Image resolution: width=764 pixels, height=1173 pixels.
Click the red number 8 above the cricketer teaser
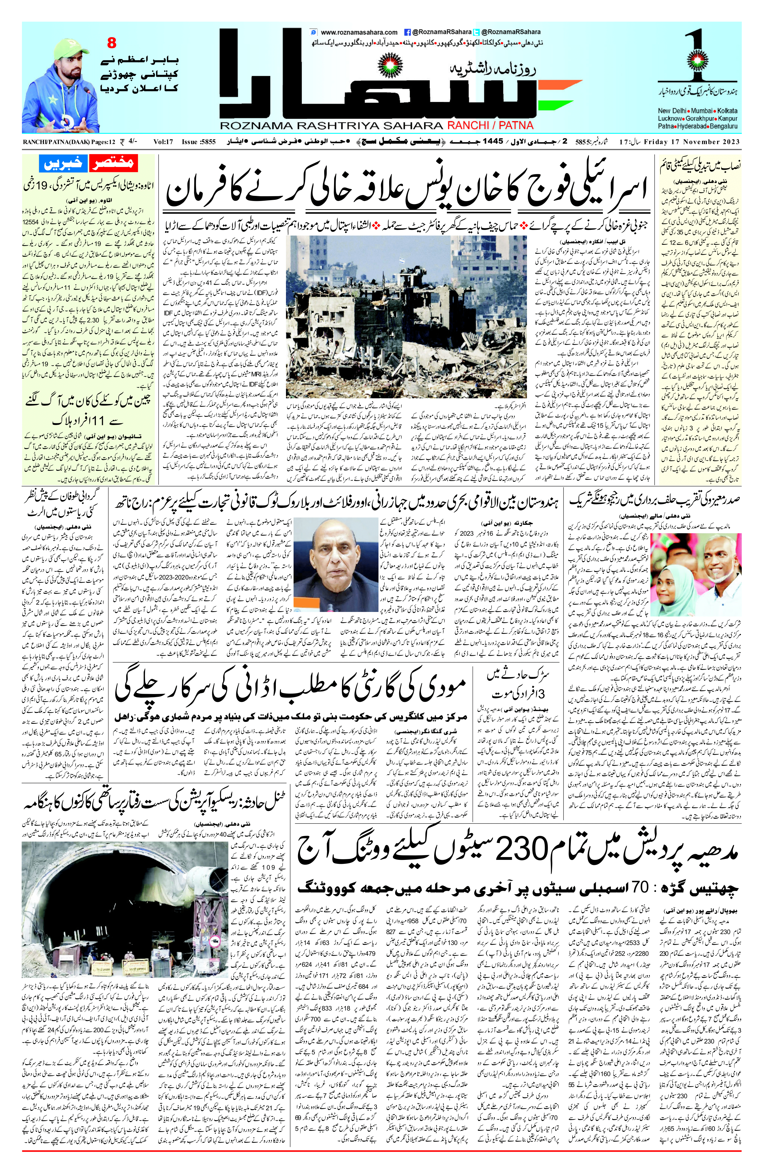point(112,43)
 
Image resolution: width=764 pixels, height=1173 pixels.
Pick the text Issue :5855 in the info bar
point(199,142)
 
